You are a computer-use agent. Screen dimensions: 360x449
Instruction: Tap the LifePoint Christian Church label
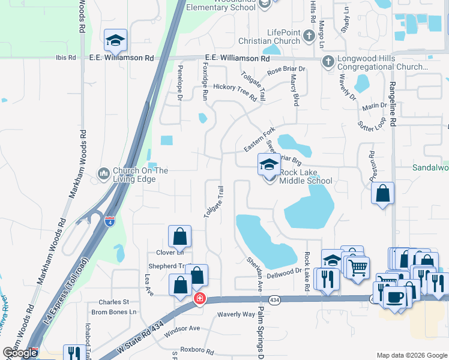(x=283, y=37)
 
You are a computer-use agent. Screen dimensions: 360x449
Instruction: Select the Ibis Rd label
(x=64, y=58)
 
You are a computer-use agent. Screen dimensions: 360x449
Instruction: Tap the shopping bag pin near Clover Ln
(x=179, y=237)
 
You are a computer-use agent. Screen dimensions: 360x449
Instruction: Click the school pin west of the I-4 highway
(x=115, y=41)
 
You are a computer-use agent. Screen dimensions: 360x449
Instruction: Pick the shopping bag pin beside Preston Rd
(x=382, y=194)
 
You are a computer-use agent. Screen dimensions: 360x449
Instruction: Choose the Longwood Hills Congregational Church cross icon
(x=328, y=61)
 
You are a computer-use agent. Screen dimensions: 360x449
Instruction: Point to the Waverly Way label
(x=236, y=314)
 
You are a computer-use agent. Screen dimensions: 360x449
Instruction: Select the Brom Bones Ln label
(x=113, y=312)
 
